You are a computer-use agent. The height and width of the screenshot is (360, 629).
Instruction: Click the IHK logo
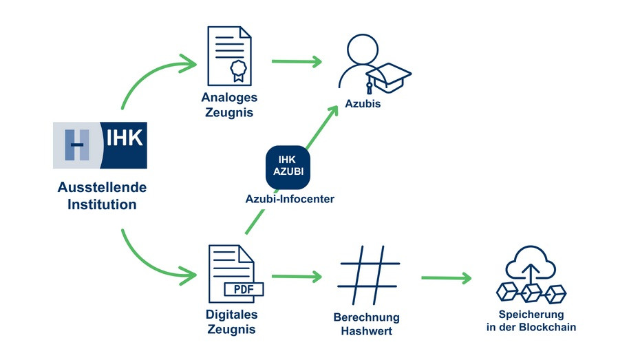point(100,145)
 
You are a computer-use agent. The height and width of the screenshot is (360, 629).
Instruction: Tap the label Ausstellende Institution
point(102,195)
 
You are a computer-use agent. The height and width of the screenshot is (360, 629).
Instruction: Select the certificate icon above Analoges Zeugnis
point(229,56)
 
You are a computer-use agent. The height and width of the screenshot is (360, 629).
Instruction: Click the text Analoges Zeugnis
point(228,104)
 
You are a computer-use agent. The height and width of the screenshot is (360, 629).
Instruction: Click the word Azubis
point(363,104)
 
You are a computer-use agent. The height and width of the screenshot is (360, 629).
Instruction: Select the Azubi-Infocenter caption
point(289,199)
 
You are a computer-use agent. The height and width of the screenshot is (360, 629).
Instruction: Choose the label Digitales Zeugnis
point(231,321)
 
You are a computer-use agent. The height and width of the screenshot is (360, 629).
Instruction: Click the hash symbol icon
point(370,275)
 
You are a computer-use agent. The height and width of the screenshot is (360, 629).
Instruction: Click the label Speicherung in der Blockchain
point(531,321)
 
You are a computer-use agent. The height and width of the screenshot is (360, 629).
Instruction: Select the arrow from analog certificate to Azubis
point(297,62)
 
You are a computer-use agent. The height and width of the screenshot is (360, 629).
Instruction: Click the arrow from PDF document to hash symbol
point(297,277)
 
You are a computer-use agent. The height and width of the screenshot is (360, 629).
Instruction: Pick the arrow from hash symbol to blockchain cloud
point(447,278)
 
